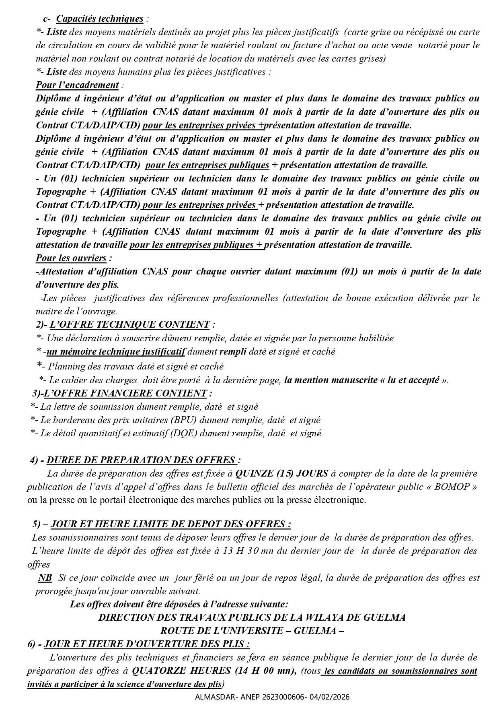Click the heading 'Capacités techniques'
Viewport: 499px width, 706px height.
pyautogui.click(x=99, y=19)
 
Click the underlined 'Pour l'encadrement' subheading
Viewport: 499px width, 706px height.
pyautogui.click(x=77, y=85)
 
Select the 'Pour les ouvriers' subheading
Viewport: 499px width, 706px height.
pyautogui.click(x=71, y=258)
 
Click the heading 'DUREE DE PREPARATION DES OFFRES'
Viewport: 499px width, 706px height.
pyautogui.click(x=141, y=460)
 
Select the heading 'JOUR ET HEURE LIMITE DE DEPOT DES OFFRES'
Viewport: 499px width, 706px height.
pyautogui.click(x=171, y=524)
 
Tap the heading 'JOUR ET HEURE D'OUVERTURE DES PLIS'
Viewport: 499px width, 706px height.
pyautogui.click(x=147, y=644)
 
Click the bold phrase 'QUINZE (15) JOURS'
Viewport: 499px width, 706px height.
pyautogui.click(x=281, y=473)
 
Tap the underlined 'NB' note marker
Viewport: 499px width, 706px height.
pyautogui.click(x=45, y=578)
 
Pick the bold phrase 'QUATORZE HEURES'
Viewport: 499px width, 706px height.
pyautogui.click(x=181, y=671)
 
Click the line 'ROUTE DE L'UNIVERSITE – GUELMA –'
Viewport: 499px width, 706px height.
pyautogui.click(x=252, y=631)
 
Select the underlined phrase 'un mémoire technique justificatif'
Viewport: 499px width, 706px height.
pyautogui.click(x=116, y=352)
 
